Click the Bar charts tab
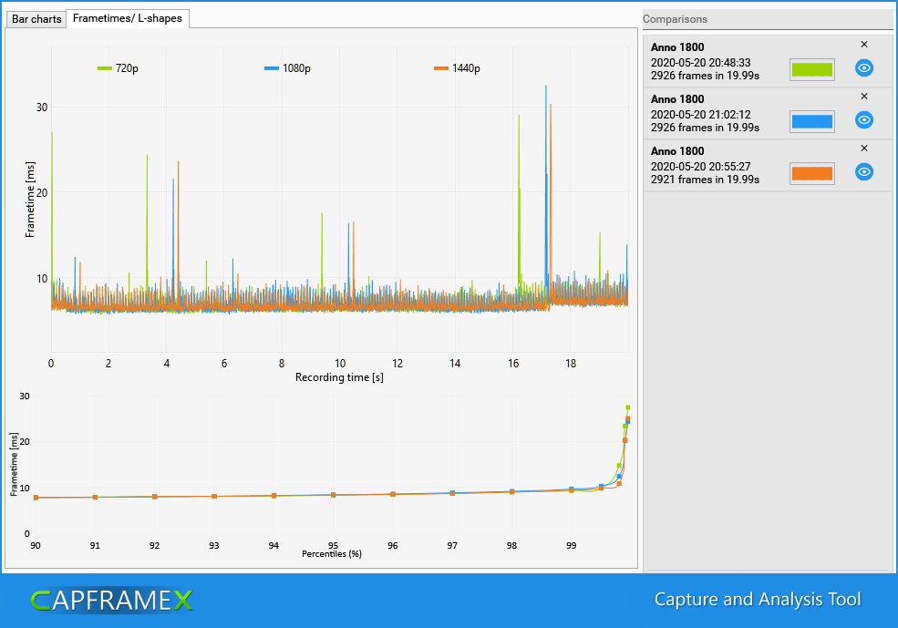[x=36, y=19]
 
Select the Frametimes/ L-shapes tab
[x=128, y=18]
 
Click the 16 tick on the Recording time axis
[x=513, y=364]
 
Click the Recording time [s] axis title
[x=339, y=376]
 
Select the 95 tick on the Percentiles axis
[x=333, y=546]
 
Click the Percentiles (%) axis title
[x=332, y=553]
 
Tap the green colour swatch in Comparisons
[x=811, y=69]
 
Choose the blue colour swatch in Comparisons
[x=811, y=121]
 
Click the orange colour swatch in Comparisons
[x=811, y=173]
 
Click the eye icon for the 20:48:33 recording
[x=864, y=67]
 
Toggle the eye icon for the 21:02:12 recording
[x=864, y=119]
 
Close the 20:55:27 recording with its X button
[x=864, y=148]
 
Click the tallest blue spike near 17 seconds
[x=546, y=91]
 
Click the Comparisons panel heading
[x=675, y=19]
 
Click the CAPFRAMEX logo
[x=111, y=600]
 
